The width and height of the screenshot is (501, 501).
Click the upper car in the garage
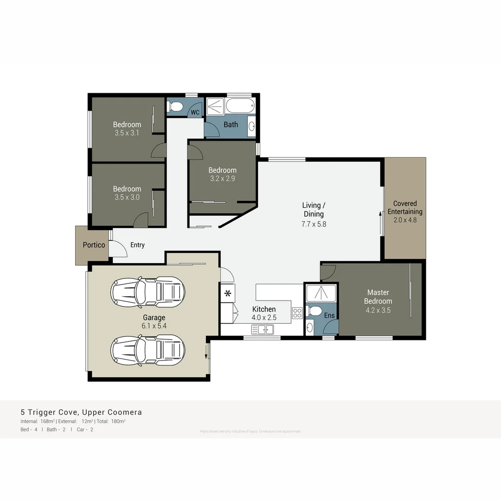pos(148,291)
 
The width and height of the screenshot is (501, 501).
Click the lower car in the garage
pos(148,349)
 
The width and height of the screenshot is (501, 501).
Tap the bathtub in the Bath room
pos(240,106)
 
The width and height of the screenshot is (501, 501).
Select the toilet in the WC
pos(175,107)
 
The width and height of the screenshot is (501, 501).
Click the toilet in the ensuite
pos(315,310)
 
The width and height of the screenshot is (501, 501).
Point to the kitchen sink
pos(263,329)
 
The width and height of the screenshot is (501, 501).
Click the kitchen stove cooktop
pos(297,313)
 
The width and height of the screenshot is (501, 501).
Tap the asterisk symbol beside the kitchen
pos(228,293)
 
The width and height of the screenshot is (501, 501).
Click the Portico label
pos(94,245)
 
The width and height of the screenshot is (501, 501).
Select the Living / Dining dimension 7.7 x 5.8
pos(314,224)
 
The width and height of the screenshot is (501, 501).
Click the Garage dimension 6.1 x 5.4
pos(154,326)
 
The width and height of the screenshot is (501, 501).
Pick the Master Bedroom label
pos(378,297)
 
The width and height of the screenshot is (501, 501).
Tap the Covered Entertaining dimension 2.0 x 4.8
pos(405,220)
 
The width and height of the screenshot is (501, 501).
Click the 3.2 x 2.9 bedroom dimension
pos(222,179)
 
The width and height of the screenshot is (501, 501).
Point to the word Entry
pos(137,245)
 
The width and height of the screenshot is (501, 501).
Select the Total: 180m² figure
pos(111,421)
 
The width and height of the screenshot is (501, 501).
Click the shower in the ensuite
pos(321,292)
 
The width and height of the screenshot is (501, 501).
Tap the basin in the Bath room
pos(251,126)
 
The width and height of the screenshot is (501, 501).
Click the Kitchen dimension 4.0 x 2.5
pos(263,318)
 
